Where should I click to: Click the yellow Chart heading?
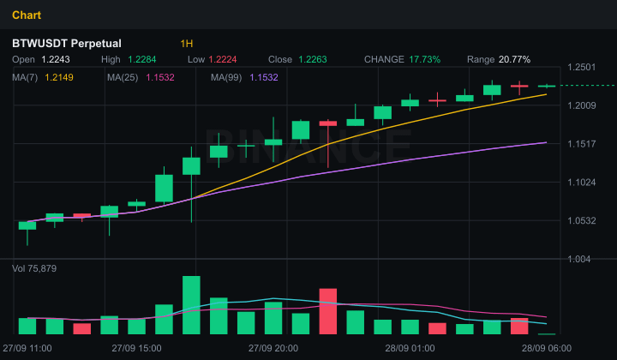coord(27,15)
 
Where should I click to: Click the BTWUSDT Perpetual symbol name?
coord(67,43)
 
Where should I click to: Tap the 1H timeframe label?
coord(187,43)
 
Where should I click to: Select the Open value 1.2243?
coord(56,59)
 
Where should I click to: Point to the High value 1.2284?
coord(141,59)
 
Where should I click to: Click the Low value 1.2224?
coord(223,59)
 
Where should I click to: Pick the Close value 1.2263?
coord(313,59)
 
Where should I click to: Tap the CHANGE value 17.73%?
coord(424,59)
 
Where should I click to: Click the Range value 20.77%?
coord(514,59)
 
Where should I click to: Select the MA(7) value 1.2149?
coord(59,77)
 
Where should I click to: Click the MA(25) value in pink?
coord(160,77)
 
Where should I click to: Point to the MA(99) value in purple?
coord(264,77)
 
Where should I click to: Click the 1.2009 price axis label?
coord(582,105)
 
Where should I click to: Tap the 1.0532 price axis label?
coord(582,221)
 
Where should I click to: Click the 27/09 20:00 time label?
coord(273,348)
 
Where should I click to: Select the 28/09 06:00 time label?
coord(547,348)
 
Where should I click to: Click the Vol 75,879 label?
coord(34,269)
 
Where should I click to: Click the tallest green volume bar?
coord(191,305)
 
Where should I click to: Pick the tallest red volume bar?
coord(327,311)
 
